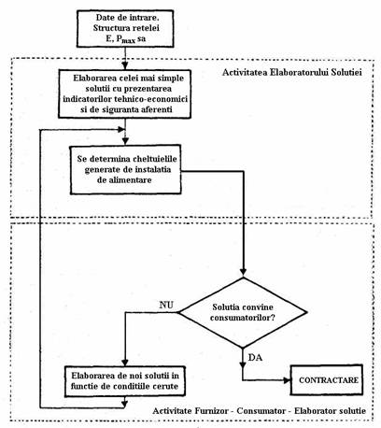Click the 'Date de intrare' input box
[x=125, y=29]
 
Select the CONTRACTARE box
[x=327, y=380]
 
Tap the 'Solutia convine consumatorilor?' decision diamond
[x=243, y=312]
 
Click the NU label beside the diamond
[x=166, y=305]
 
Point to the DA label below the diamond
[x=255, y=358]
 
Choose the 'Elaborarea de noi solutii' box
[x=125, y=381]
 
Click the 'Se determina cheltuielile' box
[x=125, y=169]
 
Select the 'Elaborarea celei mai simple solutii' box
[x=124, y=93]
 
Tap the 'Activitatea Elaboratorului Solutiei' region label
[x=292, y=73]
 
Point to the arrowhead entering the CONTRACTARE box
[x=287, y=380]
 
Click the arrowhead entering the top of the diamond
[x=243, y=272]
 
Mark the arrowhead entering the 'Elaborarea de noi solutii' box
[x=125, y=362]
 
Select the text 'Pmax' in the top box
[x=126, y=39]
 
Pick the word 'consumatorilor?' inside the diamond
[x=243, y=318]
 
